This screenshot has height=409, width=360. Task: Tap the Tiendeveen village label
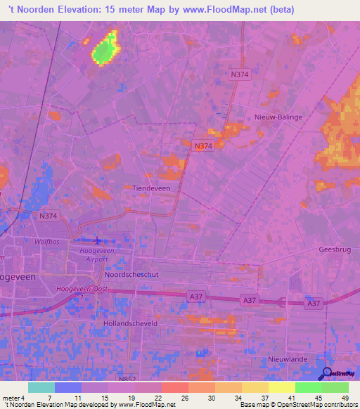pyautogui.click(x=152, y=188)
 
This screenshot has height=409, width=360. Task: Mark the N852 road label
pyautogui.click(x=127, y=379)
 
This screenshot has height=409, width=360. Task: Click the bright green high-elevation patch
pyautogui.click(x=105, y=50)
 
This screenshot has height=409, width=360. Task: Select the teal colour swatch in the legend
pyautogui.click(x=41, y=387)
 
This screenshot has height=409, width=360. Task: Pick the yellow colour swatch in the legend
pyautogui.click(x=282, y=387)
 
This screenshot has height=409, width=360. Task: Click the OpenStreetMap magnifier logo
pyautogui.click(x=326, y=375)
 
